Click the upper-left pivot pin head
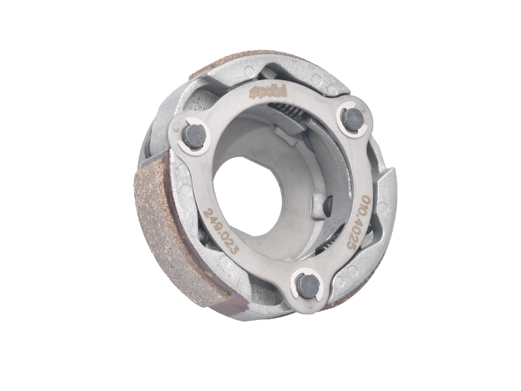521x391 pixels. coord(193,135)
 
